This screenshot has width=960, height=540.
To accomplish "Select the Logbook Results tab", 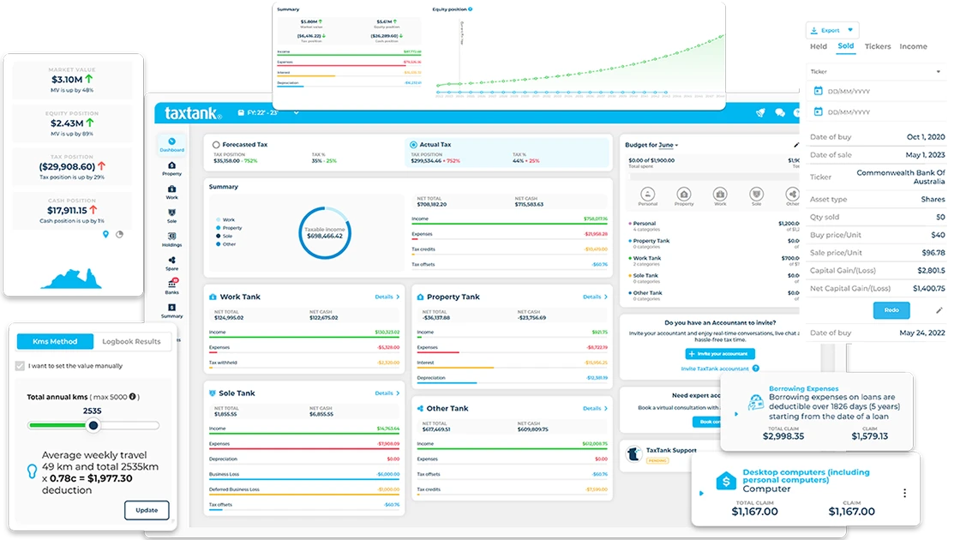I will coord(131,341).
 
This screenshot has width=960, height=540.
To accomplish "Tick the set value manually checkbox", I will coord(21,366).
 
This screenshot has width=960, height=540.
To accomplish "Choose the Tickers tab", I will coord(878,47).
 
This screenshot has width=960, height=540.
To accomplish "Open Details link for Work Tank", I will coord(387,297).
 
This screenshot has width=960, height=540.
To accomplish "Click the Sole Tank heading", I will coord(237,393).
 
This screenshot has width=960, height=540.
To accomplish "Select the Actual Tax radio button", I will coord(413,145).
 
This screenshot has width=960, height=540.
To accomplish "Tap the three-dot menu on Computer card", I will coord(904,493).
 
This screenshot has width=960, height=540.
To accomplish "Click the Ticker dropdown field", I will coord(874,72).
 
